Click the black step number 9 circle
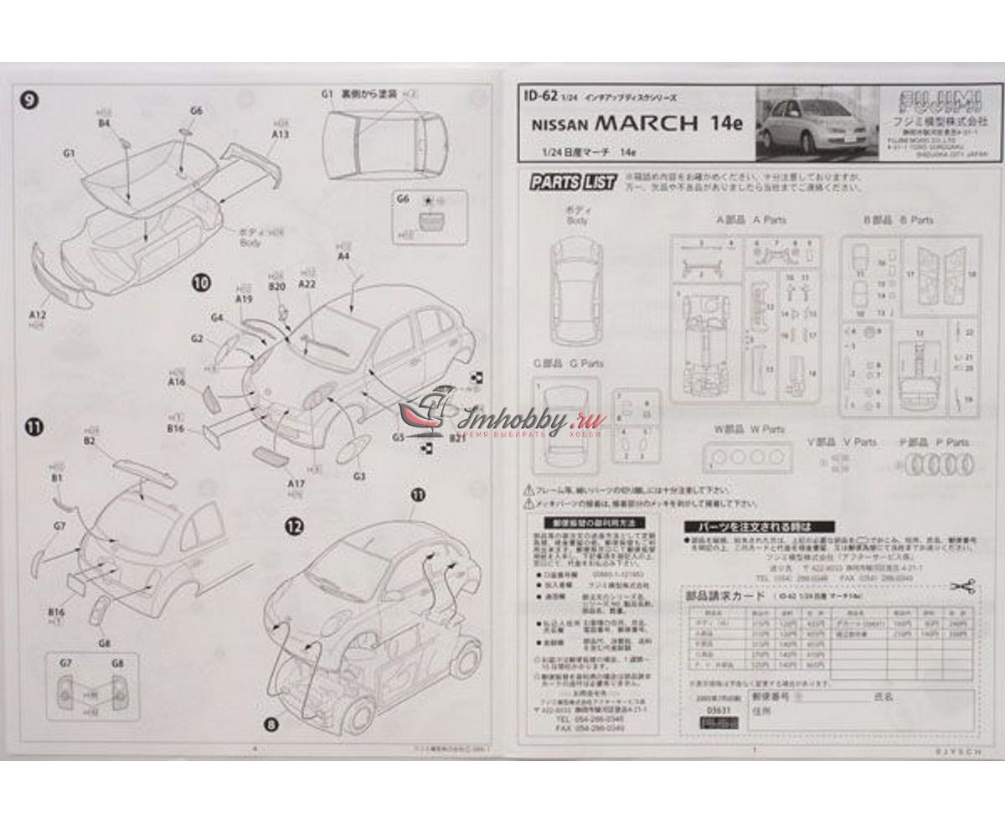coord(29,101)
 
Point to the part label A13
coord(281,133)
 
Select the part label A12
coord(37,314)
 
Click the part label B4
coord(104,123)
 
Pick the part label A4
coord(343,256)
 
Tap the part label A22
coord(307,284)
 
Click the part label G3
coord(359,476)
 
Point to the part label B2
coord(90,440)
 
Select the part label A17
coord(295,484)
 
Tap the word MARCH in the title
coord(646,122)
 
